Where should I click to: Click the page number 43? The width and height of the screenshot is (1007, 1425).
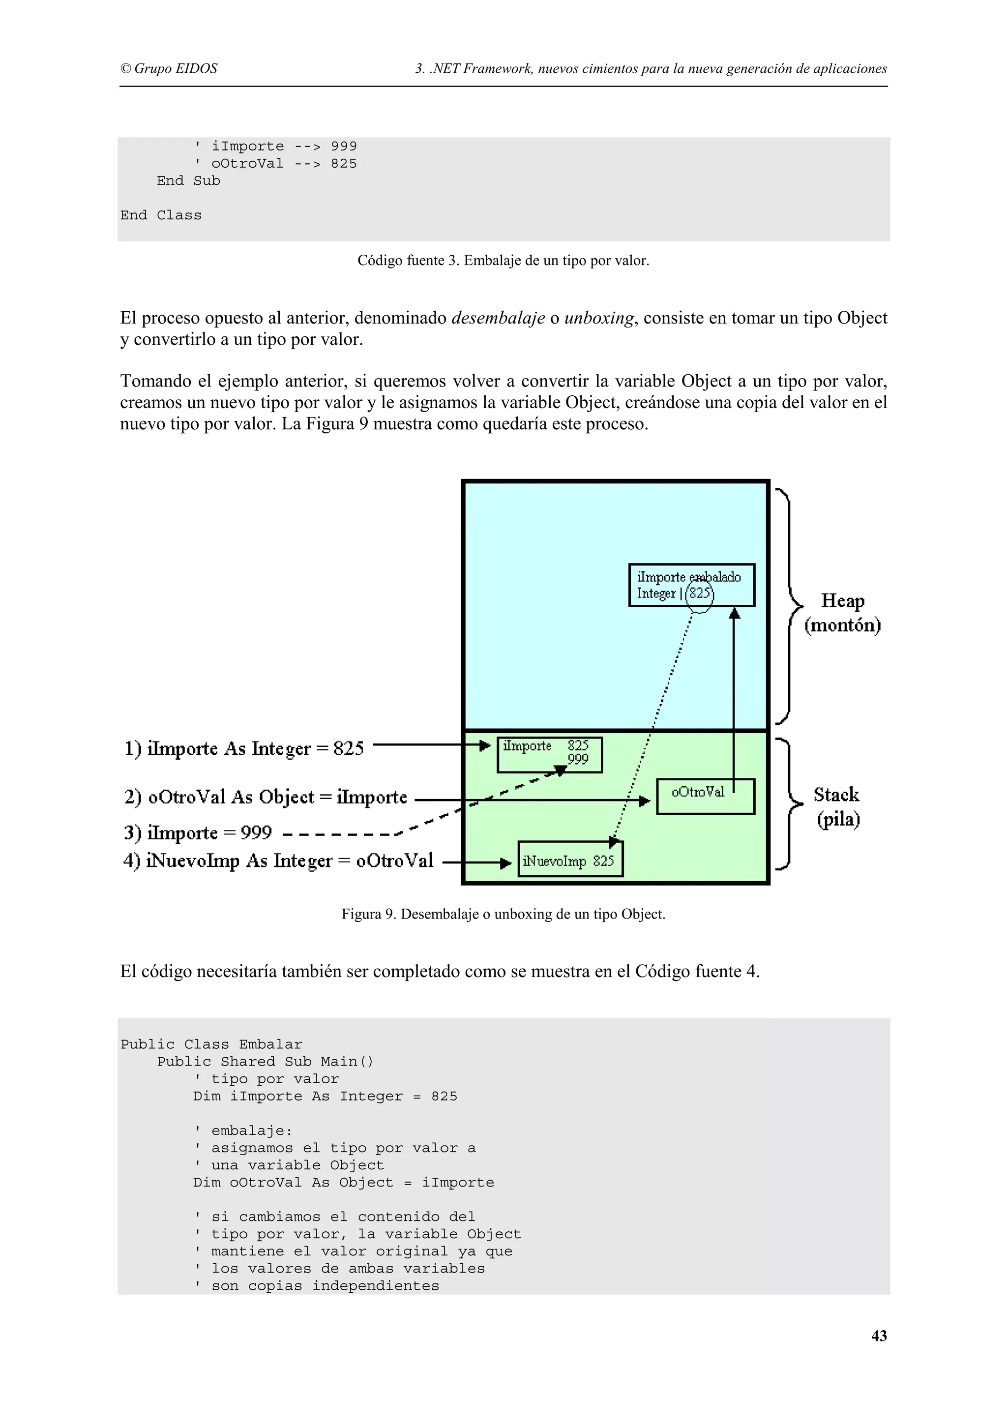click(x=879, y=1336)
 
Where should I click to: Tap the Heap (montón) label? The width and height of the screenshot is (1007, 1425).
click(x=842, y=613)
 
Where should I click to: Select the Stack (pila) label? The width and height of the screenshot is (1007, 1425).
click(x=836, y=807)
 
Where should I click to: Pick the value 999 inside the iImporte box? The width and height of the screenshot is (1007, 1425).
click(x=578, y=760)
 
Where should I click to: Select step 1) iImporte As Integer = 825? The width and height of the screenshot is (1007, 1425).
click(x=244, y=748)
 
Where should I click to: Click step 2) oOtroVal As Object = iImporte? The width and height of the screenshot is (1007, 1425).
click(x=266, y=797)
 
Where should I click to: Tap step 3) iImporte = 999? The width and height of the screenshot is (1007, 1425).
click(x=198, y=832)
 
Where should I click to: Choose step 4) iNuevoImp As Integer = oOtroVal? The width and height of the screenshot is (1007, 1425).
click(x=278, y=861)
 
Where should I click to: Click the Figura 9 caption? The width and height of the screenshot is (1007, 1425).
click(x=503, y=914)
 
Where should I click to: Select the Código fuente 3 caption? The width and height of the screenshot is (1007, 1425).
click(x=503, y=261)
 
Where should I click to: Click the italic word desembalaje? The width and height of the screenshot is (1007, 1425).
click(x=498, y=318)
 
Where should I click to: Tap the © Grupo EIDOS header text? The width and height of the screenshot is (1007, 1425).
click(x=169, y=68)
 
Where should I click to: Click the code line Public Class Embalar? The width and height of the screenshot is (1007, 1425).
click(x=211, y=1044)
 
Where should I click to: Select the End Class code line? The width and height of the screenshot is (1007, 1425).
click(x=161, y=215)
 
